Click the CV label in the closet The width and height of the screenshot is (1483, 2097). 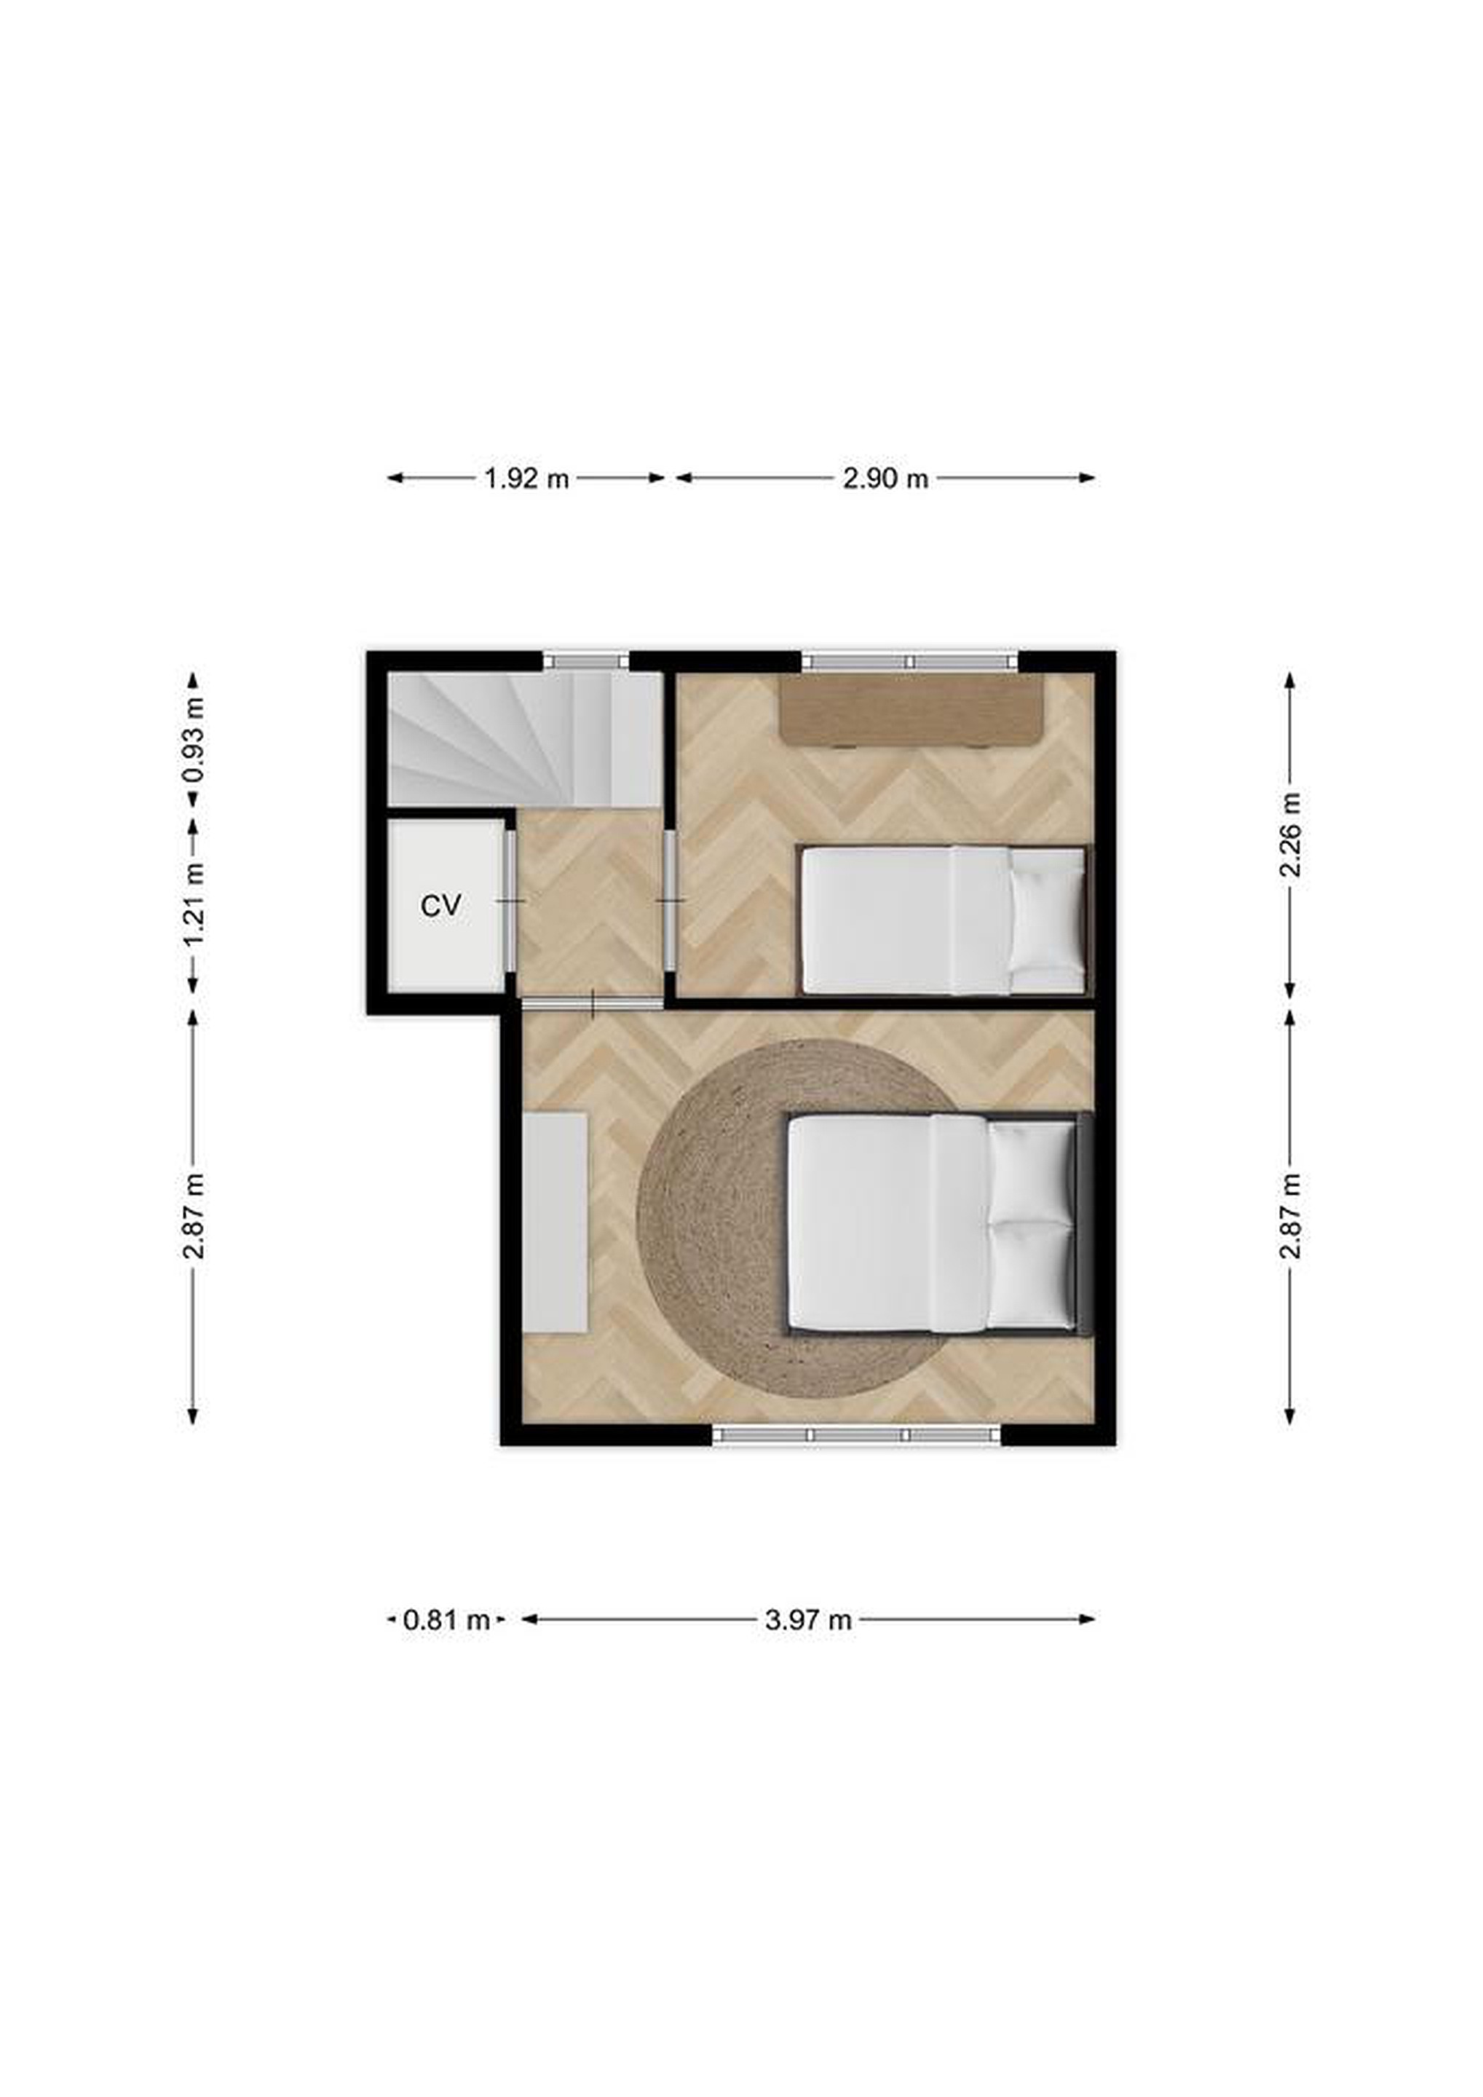coord(440,906)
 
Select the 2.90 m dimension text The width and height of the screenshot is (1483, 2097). coord(885,478)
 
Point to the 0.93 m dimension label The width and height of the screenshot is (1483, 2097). coord(193,740)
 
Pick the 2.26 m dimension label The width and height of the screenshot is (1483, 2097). coord(1289,834)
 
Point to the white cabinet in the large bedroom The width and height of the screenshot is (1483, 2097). coord(554,1222)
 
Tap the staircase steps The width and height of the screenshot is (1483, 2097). coord(525,740)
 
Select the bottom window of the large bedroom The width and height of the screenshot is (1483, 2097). coord(857,1435)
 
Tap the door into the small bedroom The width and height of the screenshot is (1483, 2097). coord(671,901)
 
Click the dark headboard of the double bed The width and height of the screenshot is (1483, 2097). coord(1085,1222)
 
